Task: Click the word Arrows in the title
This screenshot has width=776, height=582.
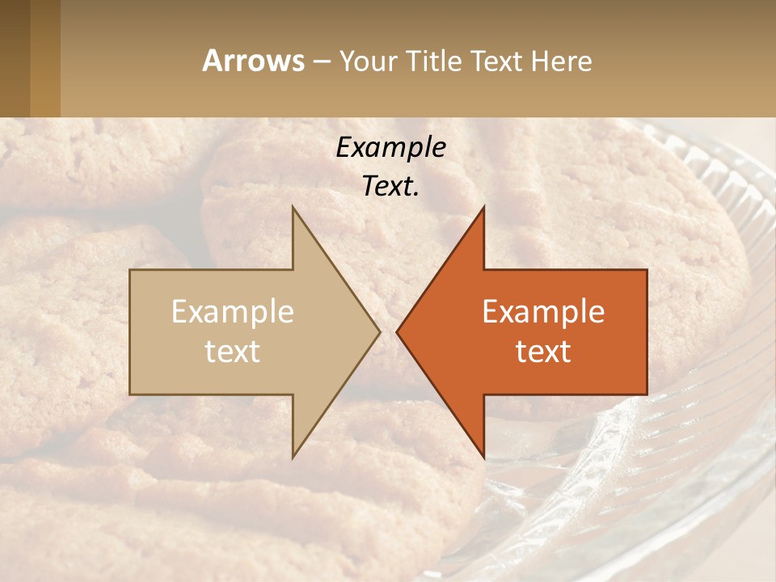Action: click(254, 61)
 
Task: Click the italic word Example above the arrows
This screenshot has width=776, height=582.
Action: click(390, 148)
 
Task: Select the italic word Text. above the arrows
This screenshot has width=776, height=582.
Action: click(390, 187)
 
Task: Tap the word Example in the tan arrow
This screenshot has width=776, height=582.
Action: click(232, 312)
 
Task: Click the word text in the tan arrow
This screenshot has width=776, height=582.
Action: click(232, 352)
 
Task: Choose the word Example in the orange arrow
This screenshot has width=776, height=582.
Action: click(543, 312)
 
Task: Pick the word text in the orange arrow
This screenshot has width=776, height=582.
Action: click(543, 352)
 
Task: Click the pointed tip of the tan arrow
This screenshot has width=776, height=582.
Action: click(378, 331)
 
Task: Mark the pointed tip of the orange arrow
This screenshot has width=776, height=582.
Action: click(399, 331)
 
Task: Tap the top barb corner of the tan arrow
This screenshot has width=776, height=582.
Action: click(293, 209)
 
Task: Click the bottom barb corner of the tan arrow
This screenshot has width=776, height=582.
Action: click(293, 456)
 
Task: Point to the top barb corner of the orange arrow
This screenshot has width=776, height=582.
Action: click(483, 209)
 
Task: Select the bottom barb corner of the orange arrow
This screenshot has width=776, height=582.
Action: click(483, 456)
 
